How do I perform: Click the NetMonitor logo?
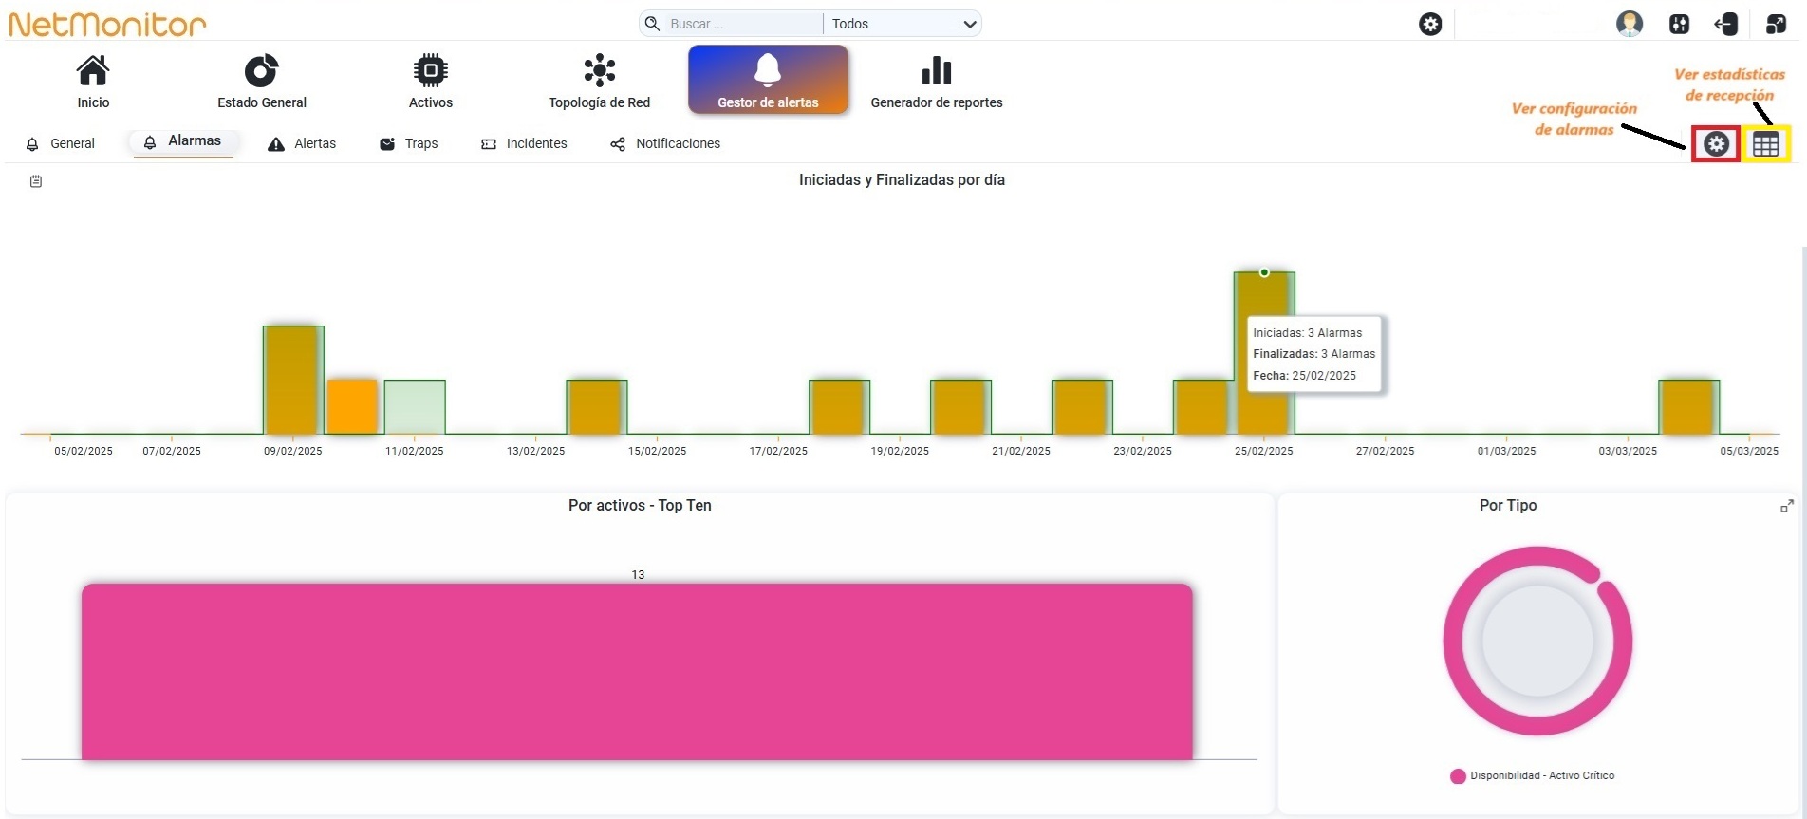107,24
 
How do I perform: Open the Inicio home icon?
93,70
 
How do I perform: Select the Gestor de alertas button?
768,80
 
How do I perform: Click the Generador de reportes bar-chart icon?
937,70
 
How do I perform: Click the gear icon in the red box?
1716,144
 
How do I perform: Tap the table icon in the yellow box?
1766,144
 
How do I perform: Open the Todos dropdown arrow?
969,24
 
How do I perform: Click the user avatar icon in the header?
1630,24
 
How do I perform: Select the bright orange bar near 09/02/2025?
352,407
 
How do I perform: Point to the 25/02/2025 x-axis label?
1263,451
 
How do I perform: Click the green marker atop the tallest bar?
1264,272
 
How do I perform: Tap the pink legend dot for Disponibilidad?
1458,776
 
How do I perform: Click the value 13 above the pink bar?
638,575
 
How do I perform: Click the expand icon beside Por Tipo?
1787,507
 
